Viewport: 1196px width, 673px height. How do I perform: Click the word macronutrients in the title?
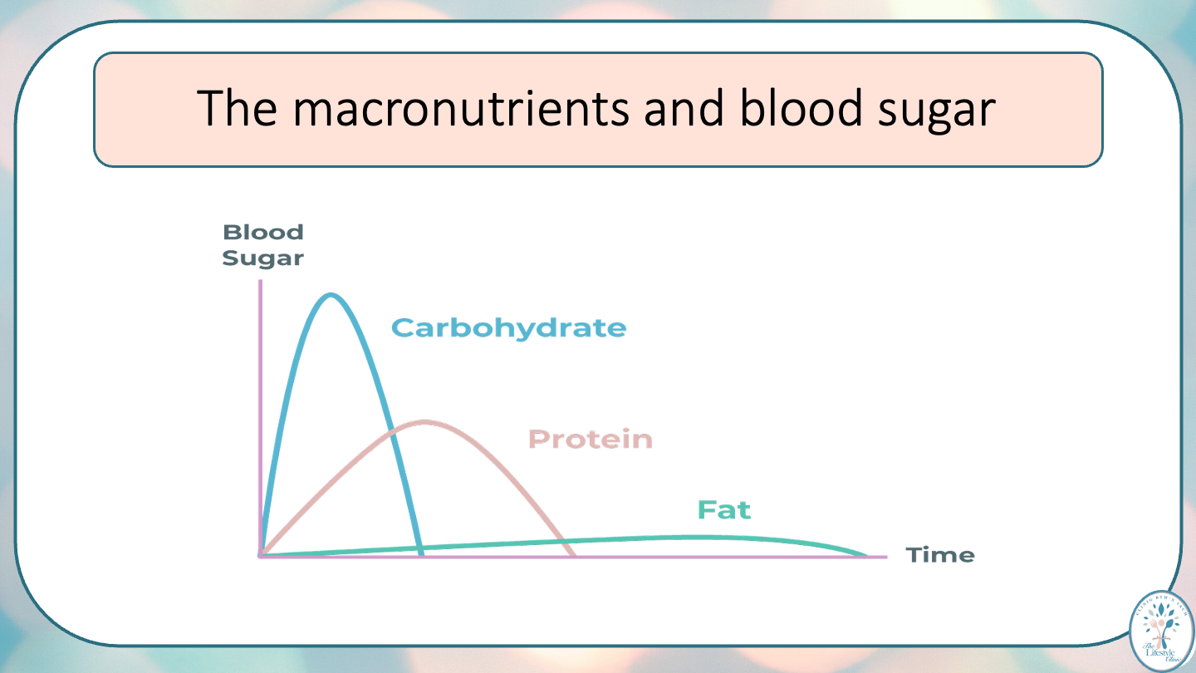462,109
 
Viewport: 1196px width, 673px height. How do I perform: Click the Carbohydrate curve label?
508,328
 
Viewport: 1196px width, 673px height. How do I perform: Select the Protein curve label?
590,439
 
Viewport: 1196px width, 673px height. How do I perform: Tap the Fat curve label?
723,509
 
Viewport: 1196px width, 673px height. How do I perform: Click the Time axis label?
939,555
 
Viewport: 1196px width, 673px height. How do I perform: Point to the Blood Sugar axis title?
262,245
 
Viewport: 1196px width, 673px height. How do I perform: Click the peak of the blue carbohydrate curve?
331,295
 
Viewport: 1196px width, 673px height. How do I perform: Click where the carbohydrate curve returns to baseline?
421,554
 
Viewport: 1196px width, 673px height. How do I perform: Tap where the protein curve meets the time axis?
573,554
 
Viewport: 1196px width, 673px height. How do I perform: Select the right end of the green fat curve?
865,555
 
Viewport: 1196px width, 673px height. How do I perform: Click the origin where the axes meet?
261,555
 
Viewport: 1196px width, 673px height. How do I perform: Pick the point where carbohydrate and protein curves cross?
393,433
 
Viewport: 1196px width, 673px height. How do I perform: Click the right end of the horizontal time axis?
885,556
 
